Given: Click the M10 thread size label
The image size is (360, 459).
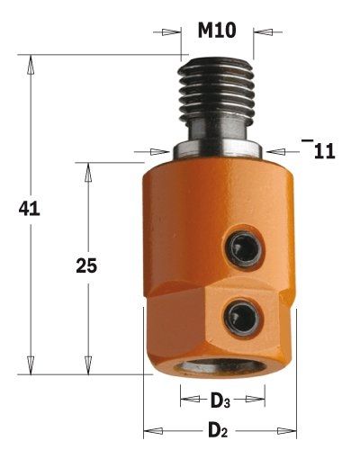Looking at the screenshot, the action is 217,31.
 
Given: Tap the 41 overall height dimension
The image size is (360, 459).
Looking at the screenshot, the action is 29,209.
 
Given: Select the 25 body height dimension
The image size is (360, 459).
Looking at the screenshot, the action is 86,265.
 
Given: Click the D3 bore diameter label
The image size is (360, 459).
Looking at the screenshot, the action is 220,400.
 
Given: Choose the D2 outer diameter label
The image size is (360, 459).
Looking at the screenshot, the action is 218,431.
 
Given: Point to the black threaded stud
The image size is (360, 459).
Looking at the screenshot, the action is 216,86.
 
